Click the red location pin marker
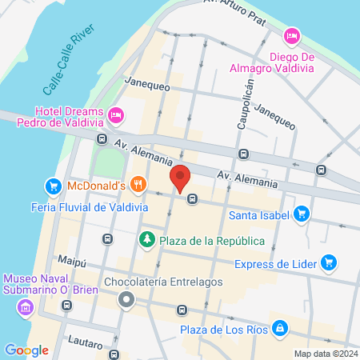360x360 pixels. click(x=179, y=178)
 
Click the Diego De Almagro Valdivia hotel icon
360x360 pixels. click(x=291, y=35)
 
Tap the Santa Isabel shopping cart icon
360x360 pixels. click(x=302, y=214)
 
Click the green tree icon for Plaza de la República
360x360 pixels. click(x=146, y=239)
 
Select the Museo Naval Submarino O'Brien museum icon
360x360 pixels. click(x=25, y=307)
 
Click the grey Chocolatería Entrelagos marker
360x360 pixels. click(x=126, y=301)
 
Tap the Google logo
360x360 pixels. click(x=26, y=350)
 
